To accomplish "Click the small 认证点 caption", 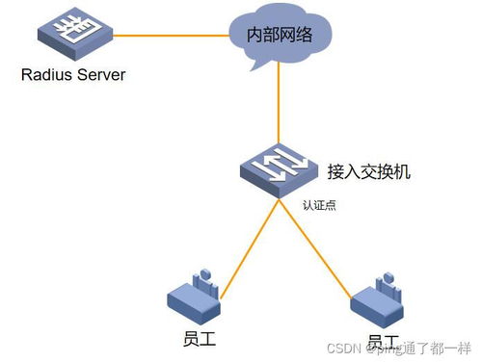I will [317, 205].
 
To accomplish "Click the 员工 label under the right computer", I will [383, 342].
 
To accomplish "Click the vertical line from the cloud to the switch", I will [280, 106].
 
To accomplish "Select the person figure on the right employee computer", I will [387, 282].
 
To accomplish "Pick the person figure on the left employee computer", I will [203, 281].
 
